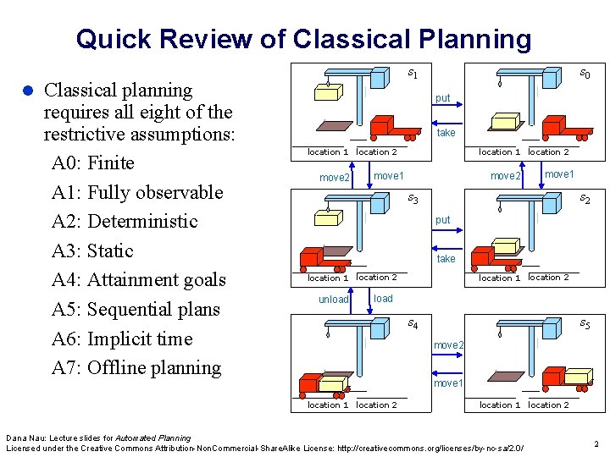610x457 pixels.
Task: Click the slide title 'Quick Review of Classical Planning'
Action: pos(303,38)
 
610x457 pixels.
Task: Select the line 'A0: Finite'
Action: pos(92,162)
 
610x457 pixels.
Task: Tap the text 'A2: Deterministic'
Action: pos(124,221)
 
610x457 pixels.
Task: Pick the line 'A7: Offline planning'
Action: pos(136,367)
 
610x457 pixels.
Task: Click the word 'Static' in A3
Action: pos(110,251)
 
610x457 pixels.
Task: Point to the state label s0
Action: pos(585,74)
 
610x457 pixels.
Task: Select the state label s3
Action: pos(413,199)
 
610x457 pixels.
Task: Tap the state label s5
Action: pos(585,323)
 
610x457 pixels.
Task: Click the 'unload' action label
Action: pos(334,300)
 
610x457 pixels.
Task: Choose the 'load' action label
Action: pos(383,299)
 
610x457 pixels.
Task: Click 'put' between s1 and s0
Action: pos(442,98)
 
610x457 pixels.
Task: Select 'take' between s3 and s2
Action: pos(446,259)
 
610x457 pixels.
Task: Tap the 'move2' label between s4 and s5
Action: pos(448,344)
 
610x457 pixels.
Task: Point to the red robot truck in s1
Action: pos(394,125)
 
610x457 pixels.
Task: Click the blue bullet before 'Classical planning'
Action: pos(26,91)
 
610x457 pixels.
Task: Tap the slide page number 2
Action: pos(596,443)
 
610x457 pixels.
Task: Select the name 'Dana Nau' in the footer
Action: pos(22,438)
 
